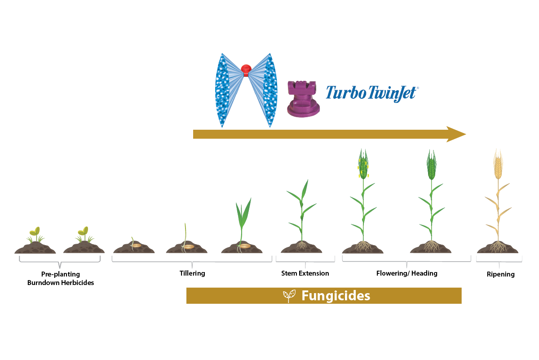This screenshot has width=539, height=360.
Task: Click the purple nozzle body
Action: tap(303, 99)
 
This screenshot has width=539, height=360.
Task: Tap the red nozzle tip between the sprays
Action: tap(246, 70)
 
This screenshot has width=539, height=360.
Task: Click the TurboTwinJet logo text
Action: tap(372, 93)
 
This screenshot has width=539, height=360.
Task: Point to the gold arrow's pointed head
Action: tap(456, 134)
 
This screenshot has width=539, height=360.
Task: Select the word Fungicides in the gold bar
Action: tap(336, 295)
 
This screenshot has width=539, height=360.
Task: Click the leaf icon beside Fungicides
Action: tap(289, 296)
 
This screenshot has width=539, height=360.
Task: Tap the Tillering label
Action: tap(192, 273)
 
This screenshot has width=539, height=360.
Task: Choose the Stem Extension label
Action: tap(305, 273)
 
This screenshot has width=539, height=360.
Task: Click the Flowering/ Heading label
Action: tap(407, 273)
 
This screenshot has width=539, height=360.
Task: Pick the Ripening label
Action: tap(501, 274)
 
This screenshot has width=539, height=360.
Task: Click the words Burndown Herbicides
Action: tap(61, 282)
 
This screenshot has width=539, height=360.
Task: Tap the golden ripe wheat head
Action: tap(498, 164)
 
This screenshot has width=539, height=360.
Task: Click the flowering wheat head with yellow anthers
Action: tap(363, 164)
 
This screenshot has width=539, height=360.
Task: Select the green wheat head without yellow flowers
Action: tap(432, 165)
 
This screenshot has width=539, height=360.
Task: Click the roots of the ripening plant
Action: tap(498, 247)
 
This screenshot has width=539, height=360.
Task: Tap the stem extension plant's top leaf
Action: tap(305, 190)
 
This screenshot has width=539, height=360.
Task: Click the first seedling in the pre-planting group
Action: tap(35, 234)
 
